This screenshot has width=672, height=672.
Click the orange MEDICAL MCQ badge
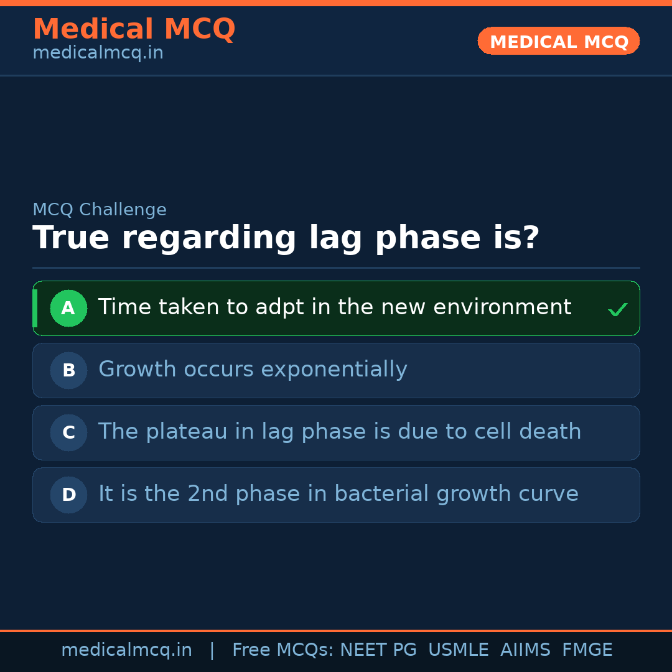point(559,41)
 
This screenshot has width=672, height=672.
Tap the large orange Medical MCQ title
point(134,29)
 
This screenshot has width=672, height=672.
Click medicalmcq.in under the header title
point(98,54)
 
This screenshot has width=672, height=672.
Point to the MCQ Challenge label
point(100,210)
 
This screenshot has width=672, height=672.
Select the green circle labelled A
point(68,308)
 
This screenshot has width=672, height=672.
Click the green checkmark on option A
point(617,309)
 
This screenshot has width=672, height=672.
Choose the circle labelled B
point(68,370)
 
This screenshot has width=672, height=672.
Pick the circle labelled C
point(68,432)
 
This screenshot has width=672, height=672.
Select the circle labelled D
point(68,495)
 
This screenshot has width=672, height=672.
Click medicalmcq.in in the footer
point(126,650)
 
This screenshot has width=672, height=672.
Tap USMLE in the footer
point(458,650)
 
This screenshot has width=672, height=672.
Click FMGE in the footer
point(587,650)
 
